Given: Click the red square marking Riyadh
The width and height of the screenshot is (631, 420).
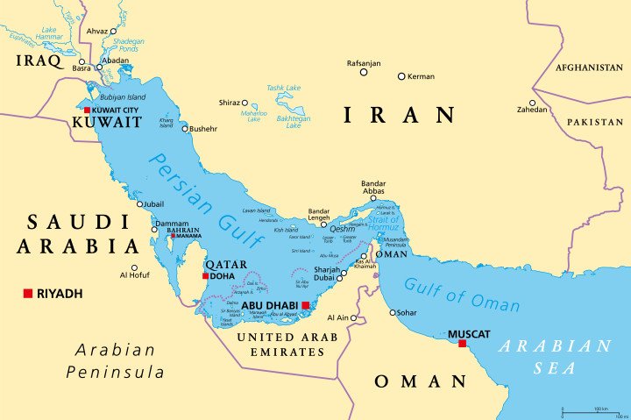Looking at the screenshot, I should point(28,293).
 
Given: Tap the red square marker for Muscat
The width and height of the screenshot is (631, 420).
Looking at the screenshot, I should point(462,344).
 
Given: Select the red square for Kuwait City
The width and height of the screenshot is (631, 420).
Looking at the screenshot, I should point(87,110).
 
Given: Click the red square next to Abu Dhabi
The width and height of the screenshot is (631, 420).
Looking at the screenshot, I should point(305,305).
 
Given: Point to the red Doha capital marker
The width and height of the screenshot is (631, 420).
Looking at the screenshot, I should point(206,276).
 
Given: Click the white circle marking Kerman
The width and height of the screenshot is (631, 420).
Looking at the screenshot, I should point(401,76).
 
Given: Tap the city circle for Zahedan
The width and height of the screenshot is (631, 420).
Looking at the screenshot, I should point(532,102).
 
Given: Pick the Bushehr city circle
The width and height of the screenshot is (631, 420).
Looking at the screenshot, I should point(185,129).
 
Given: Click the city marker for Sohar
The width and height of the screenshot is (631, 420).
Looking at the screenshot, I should point(393,312).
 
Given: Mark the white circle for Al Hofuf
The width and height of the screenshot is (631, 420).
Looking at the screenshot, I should point(134,268).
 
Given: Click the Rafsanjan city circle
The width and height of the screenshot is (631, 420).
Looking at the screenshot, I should point(364,72).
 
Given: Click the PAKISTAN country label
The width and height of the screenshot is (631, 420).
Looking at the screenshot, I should point(593,123).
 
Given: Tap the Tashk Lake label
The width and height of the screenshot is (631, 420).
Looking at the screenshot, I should point(284,88).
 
